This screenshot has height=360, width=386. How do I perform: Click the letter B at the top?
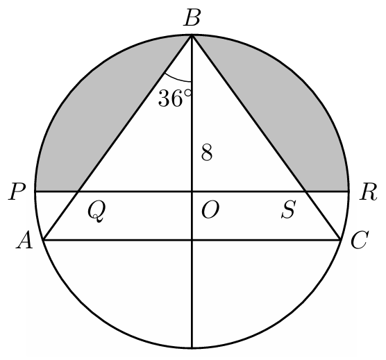[192, 17]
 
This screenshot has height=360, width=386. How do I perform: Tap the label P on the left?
[17, 191]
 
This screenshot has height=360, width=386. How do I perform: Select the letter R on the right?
[368, 192]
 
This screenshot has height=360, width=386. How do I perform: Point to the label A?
[24, 240]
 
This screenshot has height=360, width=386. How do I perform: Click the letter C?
[360, 240]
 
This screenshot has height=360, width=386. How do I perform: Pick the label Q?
[96, 212]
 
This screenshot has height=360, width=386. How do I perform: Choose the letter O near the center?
[210, 211]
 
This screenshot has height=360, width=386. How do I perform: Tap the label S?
[288, 209]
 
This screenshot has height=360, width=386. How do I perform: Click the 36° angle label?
[174, 98]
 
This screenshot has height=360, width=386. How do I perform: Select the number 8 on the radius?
[207, 153]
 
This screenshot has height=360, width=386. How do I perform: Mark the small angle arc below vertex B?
[177, 78]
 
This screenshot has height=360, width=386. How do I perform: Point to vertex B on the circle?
[192, 35]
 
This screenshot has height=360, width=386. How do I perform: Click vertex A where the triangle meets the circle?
[43, 239]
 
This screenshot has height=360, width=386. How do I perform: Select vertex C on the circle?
[341, 239]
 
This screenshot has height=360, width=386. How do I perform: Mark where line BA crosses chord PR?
[78, 191]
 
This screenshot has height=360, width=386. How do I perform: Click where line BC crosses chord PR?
[305, 191]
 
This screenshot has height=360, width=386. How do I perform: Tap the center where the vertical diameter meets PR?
[192, 191]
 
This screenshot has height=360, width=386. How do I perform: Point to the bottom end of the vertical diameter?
[192, 348]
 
